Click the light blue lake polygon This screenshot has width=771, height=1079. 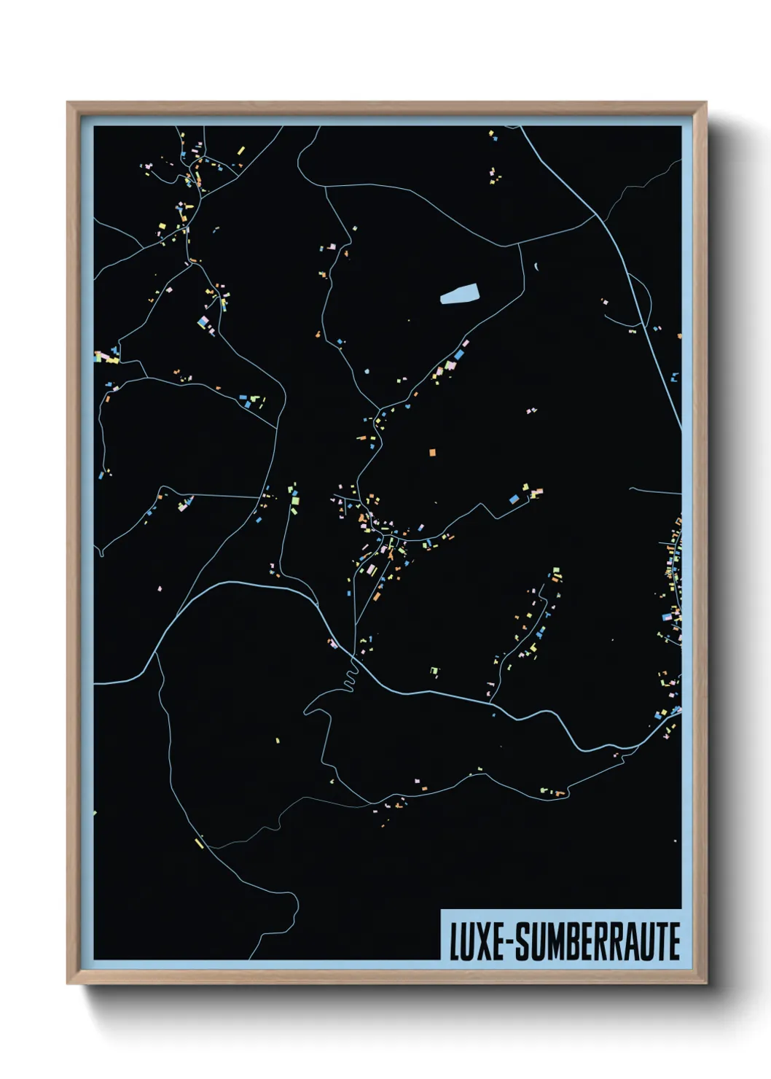(460, 294)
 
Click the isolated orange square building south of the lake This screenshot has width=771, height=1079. (432, 453)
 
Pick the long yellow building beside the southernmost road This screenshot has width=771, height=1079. (199, 843)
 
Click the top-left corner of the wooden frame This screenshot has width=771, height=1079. (69, 104)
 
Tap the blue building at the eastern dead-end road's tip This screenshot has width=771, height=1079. (514, 499)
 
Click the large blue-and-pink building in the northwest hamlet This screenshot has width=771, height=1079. (203, 322)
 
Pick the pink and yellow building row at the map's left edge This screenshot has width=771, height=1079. (106, 357)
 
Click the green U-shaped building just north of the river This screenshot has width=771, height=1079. (434, 670)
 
